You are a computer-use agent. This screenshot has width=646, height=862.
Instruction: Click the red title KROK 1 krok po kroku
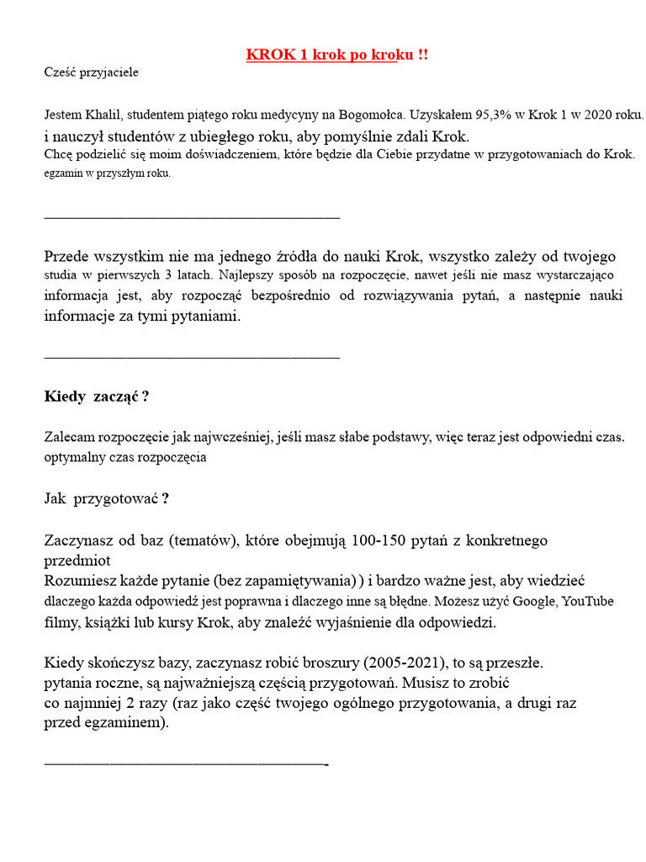pos(336,55)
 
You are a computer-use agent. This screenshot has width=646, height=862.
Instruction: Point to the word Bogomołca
pos(372,114)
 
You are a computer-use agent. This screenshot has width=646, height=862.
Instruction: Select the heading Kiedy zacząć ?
pos(97,396)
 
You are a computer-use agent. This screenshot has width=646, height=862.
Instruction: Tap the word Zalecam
pos(70,437)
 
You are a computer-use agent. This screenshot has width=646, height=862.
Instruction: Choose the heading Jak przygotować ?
pos(106,498)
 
